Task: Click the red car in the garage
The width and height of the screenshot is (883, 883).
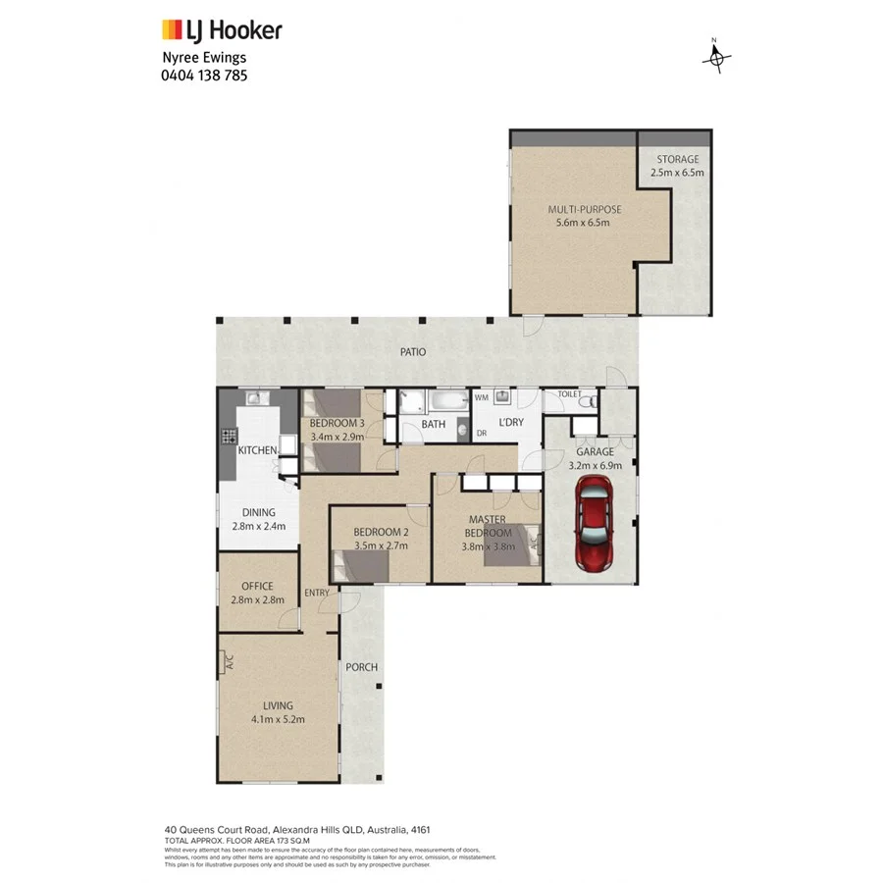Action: tap(595, 524)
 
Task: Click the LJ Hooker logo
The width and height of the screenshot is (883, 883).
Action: tap(222, 29)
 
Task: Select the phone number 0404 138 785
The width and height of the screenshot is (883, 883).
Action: tap(204, 75)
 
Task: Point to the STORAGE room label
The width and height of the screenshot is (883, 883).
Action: tap(677, 160)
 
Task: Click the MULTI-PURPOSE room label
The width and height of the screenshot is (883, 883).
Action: tap(585, 209)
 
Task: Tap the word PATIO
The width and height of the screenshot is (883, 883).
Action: tap(412, 351)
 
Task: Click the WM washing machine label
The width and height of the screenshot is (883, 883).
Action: tap(482, 398)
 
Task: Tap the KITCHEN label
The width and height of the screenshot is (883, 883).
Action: tap(258, 449)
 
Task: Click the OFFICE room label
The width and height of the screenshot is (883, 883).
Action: tap(257, 587)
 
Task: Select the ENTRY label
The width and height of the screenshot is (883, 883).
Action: tap(317, 593)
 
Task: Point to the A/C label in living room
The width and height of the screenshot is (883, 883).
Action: tap(229, 662)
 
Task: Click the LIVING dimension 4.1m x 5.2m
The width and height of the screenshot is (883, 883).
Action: tap(277, 718)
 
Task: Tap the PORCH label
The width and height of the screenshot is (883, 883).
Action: tap(361, 667)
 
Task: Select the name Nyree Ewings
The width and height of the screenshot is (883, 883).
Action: tap(204, 58)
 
